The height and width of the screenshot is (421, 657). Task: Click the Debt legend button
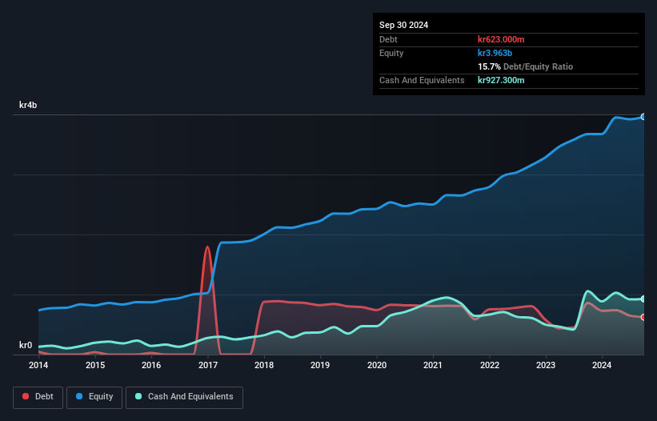38,397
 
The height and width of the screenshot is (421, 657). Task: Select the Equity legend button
94,397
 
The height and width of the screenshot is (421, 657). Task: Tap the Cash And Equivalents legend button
184,397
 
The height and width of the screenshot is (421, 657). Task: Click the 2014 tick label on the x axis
38,365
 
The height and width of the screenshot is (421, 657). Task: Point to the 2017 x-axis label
208,365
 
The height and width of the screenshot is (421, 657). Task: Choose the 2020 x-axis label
377,365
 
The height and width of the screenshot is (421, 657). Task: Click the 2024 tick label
602,365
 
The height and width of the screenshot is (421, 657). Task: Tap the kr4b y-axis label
28,105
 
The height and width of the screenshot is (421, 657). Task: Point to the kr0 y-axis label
26,345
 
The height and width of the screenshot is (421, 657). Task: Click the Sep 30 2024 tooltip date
403,25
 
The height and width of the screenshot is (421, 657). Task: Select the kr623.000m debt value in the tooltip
501,39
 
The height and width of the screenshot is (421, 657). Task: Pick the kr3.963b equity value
495,53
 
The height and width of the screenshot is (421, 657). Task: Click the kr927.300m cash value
501,80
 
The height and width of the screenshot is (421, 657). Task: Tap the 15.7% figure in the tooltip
489,66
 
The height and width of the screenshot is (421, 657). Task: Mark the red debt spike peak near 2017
207,247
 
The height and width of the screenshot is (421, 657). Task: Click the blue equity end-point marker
643,117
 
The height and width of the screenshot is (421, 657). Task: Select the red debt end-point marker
643,317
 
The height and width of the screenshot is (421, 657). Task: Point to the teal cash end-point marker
643,299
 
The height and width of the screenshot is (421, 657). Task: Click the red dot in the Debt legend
26,396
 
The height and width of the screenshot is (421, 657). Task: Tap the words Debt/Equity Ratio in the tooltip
538,66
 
